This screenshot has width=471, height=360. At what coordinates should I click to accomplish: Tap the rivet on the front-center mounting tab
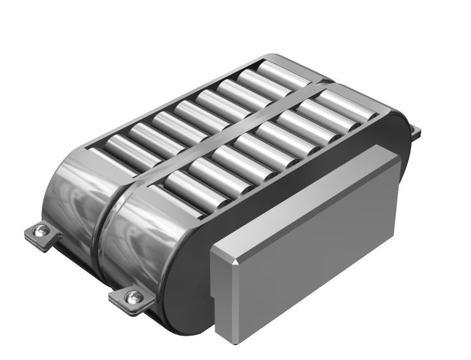pos(133,298)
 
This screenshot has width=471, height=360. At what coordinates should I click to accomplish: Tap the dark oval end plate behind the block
pos(190,275)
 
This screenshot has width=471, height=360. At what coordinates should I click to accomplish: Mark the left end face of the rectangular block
pos(222,295)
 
